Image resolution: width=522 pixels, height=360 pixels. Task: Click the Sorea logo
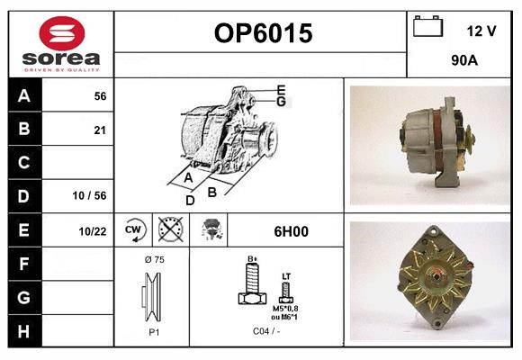(x=61, y=44)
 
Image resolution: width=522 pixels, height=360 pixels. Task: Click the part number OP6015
(x=263, y=34)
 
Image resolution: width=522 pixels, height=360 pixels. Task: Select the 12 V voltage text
(x=481, y=31)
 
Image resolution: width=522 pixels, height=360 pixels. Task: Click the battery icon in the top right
(x=427, y=28)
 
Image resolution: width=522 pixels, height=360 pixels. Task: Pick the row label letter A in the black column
(x=24, y=96)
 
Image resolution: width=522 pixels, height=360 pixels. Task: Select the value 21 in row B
(x=100, y=130)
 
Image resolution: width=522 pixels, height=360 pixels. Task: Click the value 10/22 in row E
(x=93, y=231)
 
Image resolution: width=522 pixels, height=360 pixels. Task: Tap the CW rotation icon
(x=135, y=230)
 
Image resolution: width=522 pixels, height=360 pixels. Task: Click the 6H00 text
(x=291, y=231)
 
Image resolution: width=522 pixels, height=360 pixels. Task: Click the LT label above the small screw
(x=286, y=276)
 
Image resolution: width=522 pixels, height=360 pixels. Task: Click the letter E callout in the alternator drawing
(x=281, y=89)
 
